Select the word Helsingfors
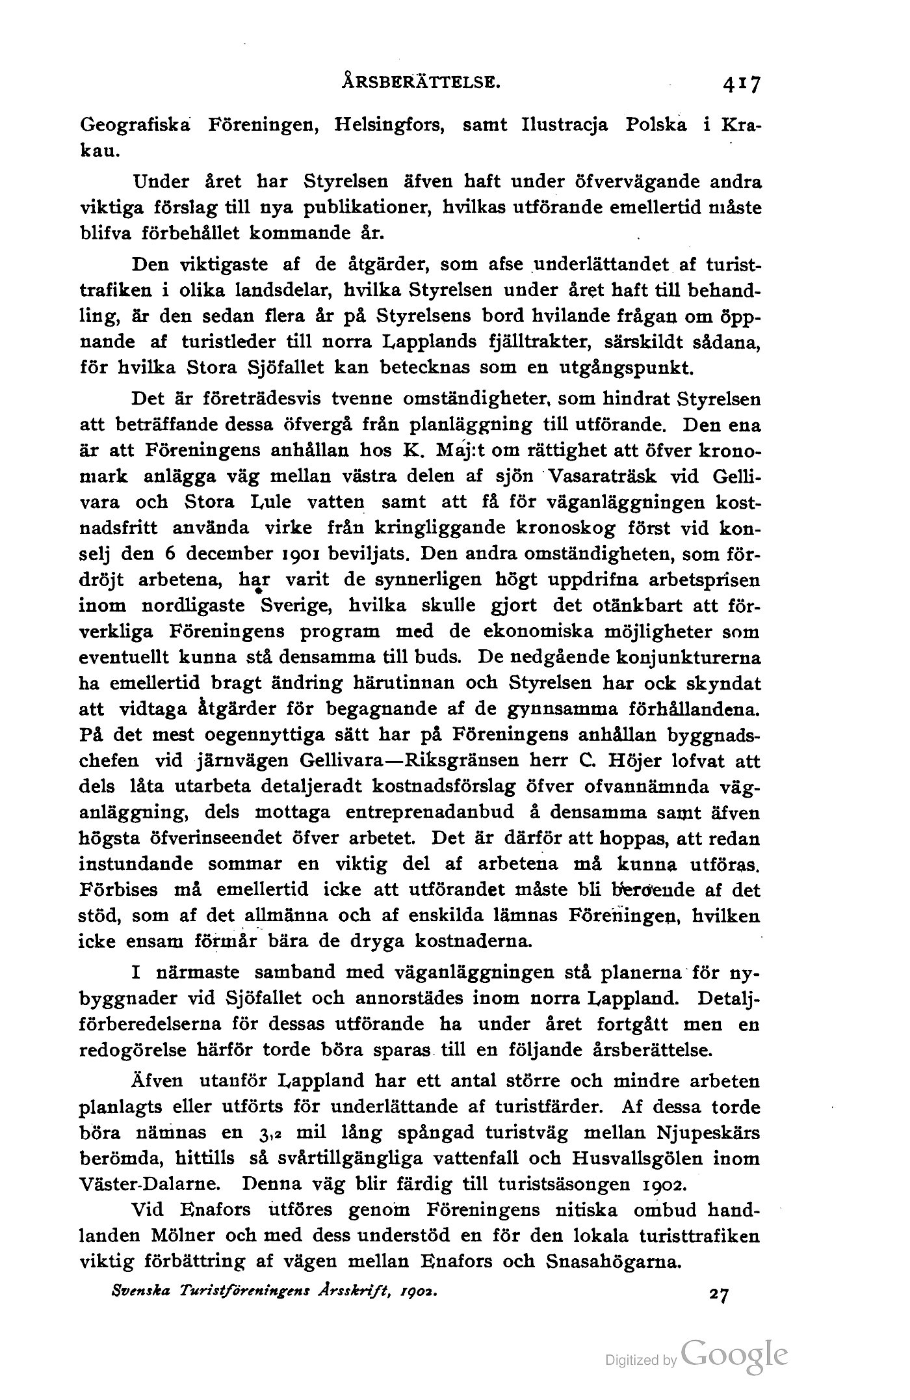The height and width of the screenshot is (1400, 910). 389,125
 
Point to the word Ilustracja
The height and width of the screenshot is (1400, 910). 565,125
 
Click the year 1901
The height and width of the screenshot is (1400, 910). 311,555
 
